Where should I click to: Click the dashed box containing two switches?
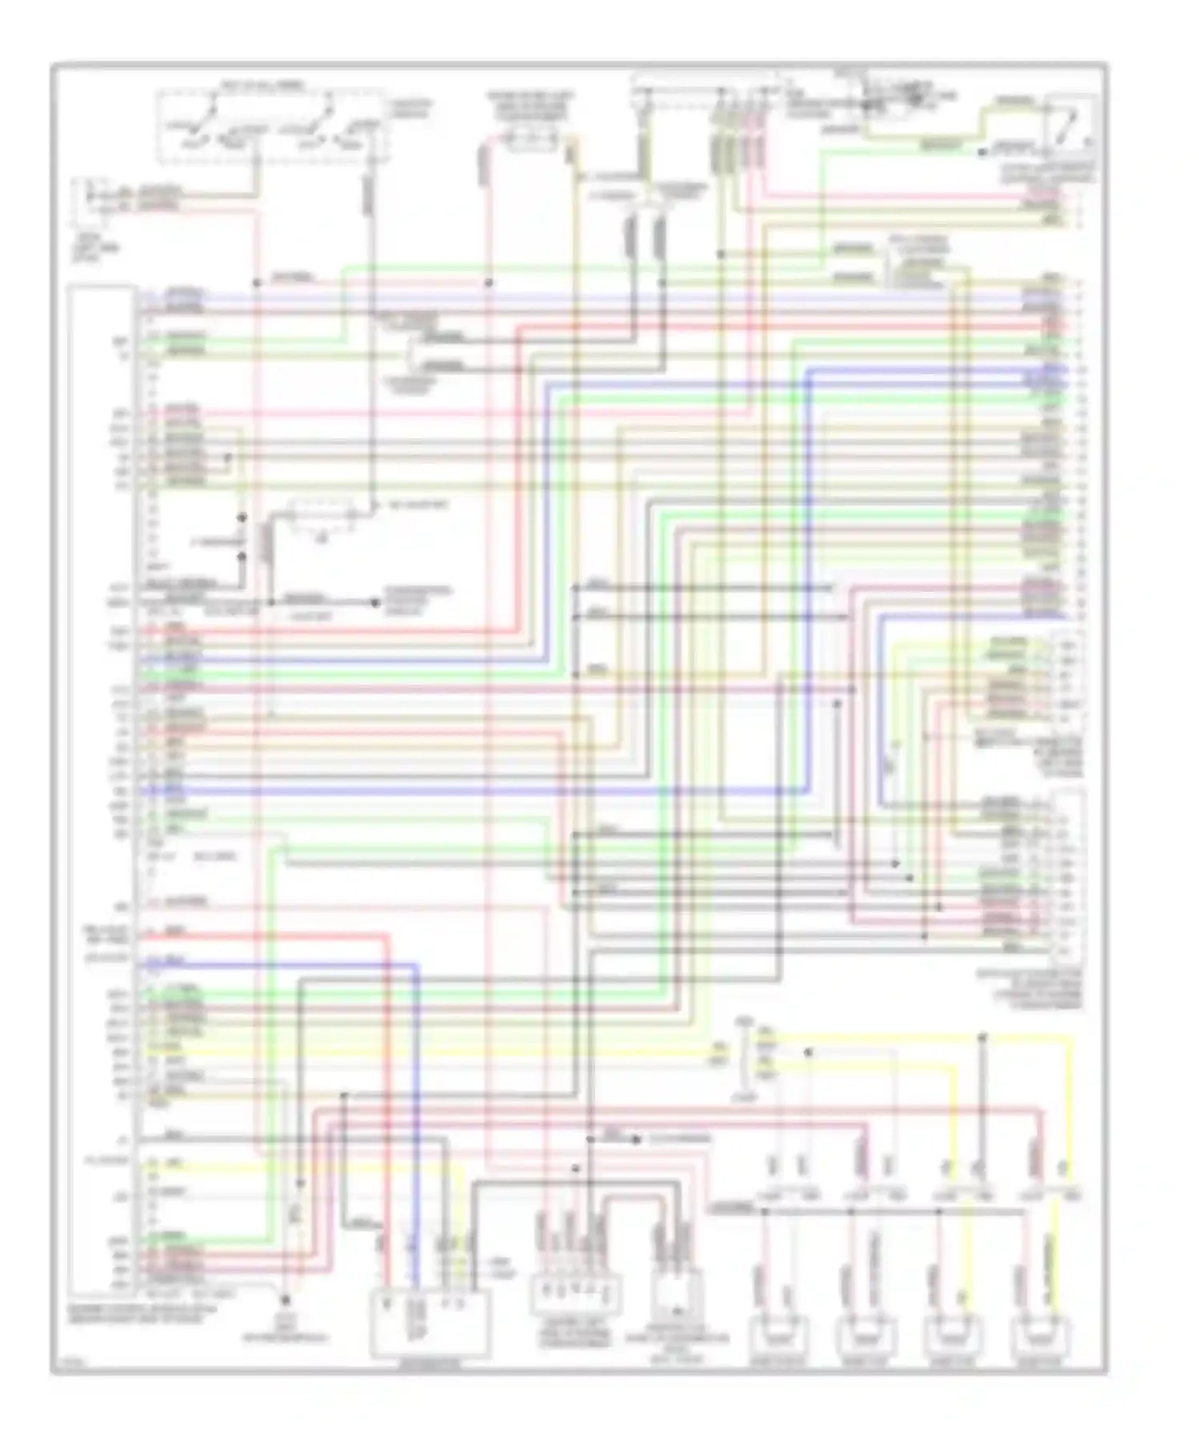click(x=272, y=126)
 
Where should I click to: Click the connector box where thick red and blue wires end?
click(x=430, y=1323)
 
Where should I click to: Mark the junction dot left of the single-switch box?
click(x=982, y=150)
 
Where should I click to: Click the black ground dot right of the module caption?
click(x=285, y=1302)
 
